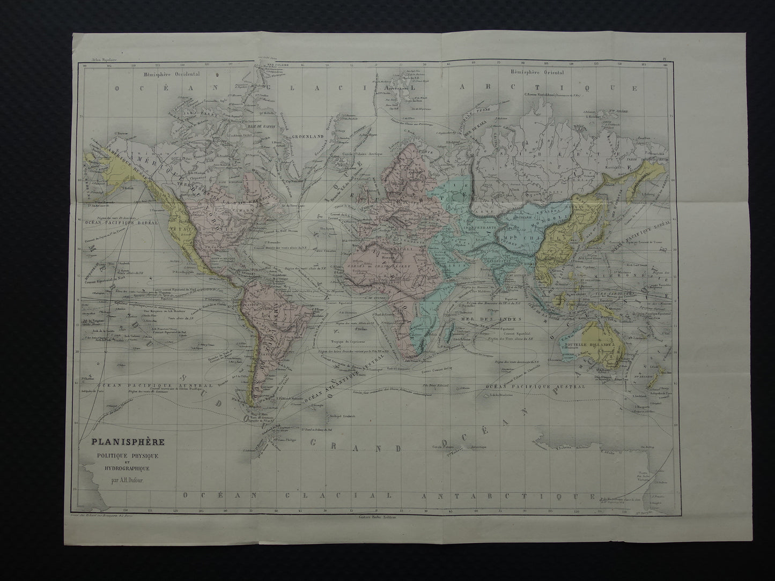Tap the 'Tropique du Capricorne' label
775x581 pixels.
(351, 341)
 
